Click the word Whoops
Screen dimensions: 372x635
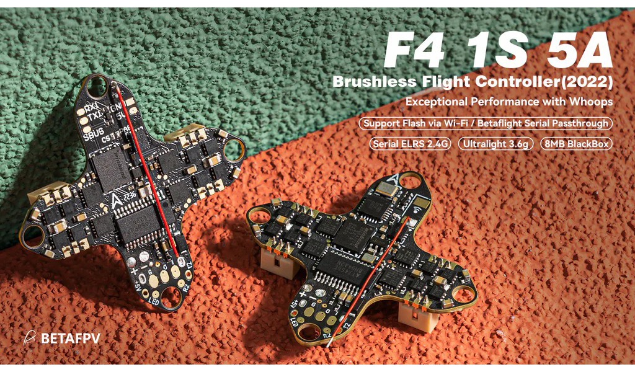(x=592, y=101)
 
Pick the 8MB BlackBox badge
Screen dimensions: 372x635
(x=576, y=144)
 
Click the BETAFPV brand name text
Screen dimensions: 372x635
(x=70, y=339)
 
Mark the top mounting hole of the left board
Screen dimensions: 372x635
(x=97, y=87)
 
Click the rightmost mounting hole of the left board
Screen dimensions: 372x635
(x=233, y=148)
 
